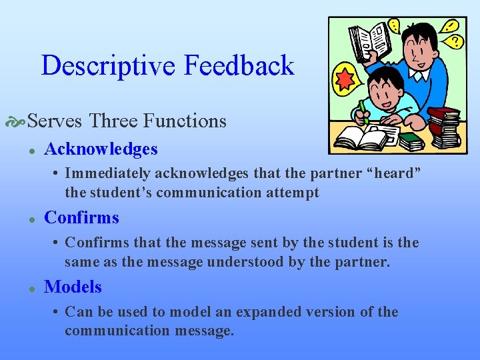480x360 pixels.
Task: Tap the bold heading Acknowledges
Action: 101,149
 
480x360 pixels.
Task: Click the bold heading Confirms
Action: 81,217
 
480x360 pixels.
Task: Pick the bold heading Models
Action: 73,287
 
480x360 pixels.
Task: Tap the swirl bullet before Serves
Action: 17,122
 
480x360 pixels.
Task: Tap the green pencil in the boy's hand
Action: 363,110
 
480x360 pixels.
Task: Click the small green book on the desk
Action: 411,141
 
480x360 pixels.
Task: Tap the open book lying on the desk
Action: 361,138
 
